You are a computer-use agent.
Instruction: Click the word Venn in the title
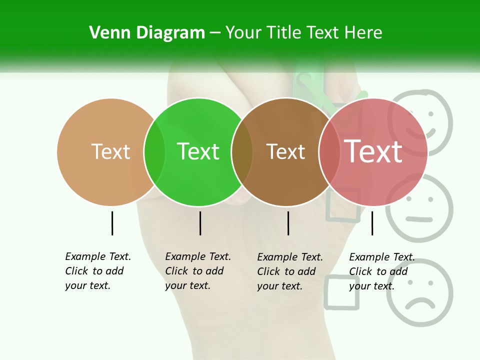pos(107,33)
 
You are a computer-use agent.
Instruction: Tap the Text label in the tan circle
pos(110,151)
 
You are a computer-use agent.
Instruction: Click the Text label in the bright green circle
pos(198,151)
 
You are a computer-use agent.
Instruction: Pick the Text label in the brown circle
pos(286,151)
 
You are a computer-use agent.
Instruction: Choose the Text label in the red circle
pos(373,151)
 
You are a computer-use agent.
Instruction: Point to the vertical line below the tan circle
pos(112,223)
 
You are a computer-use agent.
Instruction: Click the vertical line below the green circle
pos(200,223)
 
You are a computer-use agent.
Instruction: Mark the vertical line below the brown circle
pos(288,223)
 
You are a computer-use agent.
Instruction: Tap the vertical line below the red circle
pos(372,223)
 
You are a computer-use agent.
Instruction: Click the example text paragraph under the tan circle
pos(98,271)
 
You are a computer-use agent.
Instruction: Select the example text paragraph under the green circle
pos(198,271)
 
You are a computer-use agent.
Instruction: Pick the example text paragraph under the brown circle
pos(290,271)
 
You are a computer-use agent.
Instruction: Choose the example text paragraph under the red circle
pos(382,271)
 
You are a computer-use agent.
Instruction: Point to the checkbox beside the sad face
pos(342,292)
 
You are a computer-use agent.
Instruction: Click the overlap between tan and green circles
pos(154,152)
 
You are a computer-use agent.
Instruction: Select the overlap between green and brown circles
pos(242,152)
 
